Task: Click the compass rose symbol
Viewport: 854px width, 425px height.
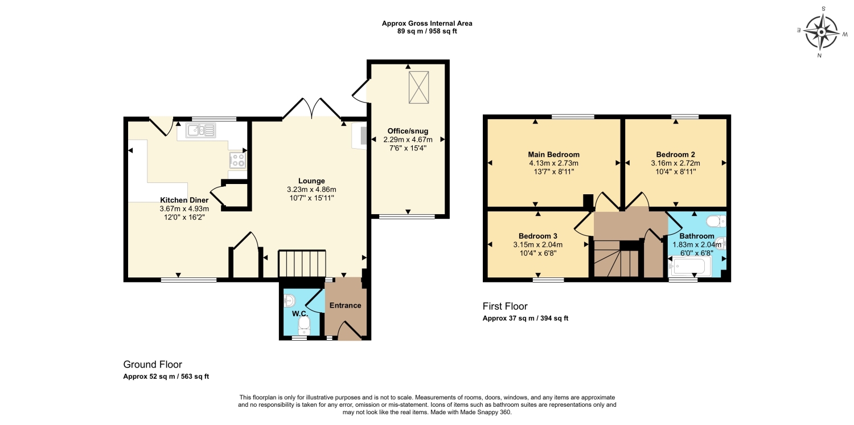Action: pyautogui.click(x=821, y=32)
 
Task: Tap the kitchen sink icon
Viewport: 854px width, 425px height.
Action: pyautogui.click(x=200, y=130)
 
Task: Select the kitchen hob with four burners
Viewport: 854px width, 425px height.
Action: pyautogui.click(x=237, y=160)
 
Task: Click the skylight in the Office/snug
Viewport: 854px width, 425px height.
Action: pyautogui.click(x=418, y=87)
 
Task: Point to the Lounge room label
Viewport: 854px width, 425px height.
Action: pyautogui.click(x=311, y=181)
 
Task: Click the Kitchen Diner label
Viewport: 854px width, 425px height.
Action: pyautogui.click(x=184, y=200)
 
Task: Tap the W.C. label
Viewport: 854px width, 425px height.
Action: pyautogui.click(x=300, y=313)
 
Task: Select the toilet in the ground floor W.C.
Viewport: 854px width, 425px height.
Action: pyautogui.click(x=304, y=325)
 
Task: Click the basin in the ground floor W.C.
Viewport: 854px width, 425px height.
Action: pyautogui.click(x=289, y=301)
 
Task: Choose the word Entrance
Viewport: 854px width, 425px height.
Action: pyautogui.click(x=345, y=305)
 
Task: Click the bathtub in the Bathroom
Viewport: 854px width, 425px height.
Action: pyautogui.click(x=689, y=265)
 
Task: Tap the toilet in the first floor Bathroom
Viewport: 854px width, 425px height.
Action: pyautogui.click(x=716, y=221)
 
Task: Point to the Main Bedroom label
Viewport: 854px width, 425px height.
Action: pyautogui.click(x=553, y=154)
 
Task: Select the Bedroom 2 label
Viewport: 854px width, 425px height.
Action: pyautogui.click(x=676, y=154)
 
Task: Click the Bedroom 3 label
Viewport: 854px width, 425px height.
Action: pyautogui.click(x=538, y=236)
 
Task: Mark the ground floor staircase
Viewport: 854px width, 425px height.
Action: pyautogui.click(x=302, y=263)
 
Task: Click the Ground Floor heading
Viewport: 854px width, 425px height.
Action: pyautogui.click(x=153, y=365)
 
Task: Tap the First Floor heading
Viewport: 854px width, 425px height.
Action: pyautogui.click(x=505, y=307)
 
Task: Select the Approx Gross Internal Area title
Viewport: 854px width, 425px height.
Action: pyautogui.click(x=427, y=23)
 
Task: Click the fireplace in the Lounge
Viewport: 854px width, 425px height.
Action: pyautogui.click(x=359, y=136)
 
